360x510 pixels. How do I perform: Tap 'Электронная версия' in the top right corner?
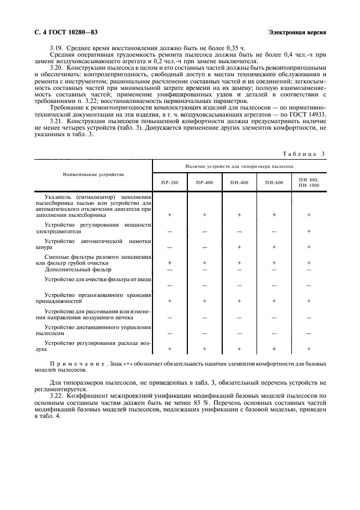(x=298, y=32)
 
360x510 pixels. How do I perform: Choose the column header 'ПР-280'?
(x=169, y=182)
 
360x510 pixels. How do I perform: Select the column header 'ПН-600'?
(x=273, y=182)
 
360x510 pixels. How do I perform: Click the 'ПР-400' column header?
(x=204, y=182)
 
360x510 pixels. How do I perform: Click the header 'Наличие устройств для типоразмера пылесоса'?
(x=239, y=166)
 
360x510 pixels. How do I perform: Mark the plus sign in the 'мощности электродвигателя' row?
(x=309, y=231)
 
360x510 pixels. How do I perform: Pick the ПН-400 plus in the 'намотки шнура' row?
(x=239, y=247)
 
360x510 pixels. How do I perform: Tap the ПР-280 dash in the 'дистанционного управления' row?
(x=169, y=333)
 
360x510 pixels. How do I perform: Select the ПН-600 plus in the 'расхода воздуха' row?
(x=273, y=349)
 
